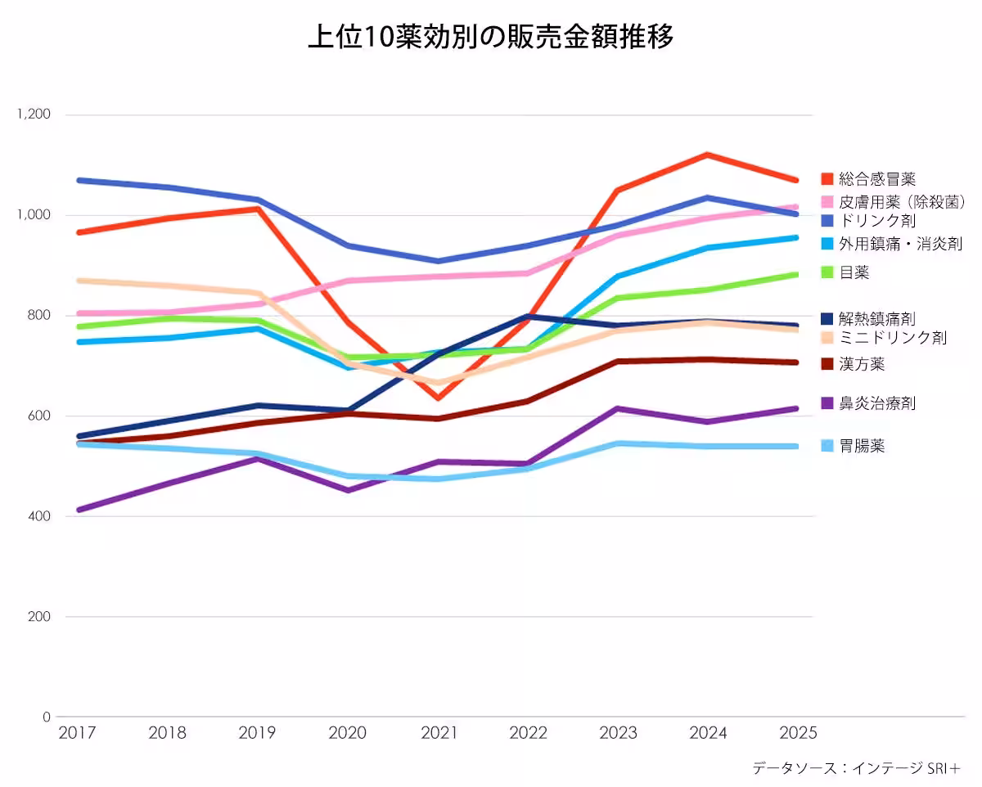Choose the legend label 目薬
[x=854, y=272]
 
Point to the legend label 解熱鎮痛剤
[x=877, y=317]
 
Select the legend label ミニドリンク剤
[x=893, y=338]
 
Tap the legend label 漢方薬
[x=862, y=364]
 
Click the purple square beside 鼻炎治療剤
[x=827, y=403]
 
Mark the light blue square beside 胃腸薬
[x=827, y=446]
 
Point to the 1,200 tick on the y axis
[x=34, y=115]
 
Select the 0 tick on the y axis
[x=47, y=717]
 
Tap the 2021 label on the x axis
[x=439, y=733]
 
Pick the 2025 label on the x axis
[x=798, y=733]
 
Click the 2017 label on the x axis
[x=78, y=733]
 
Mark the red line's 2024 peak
[x=707, y=155]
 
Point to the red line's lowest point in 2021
[x=439, y=398]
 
